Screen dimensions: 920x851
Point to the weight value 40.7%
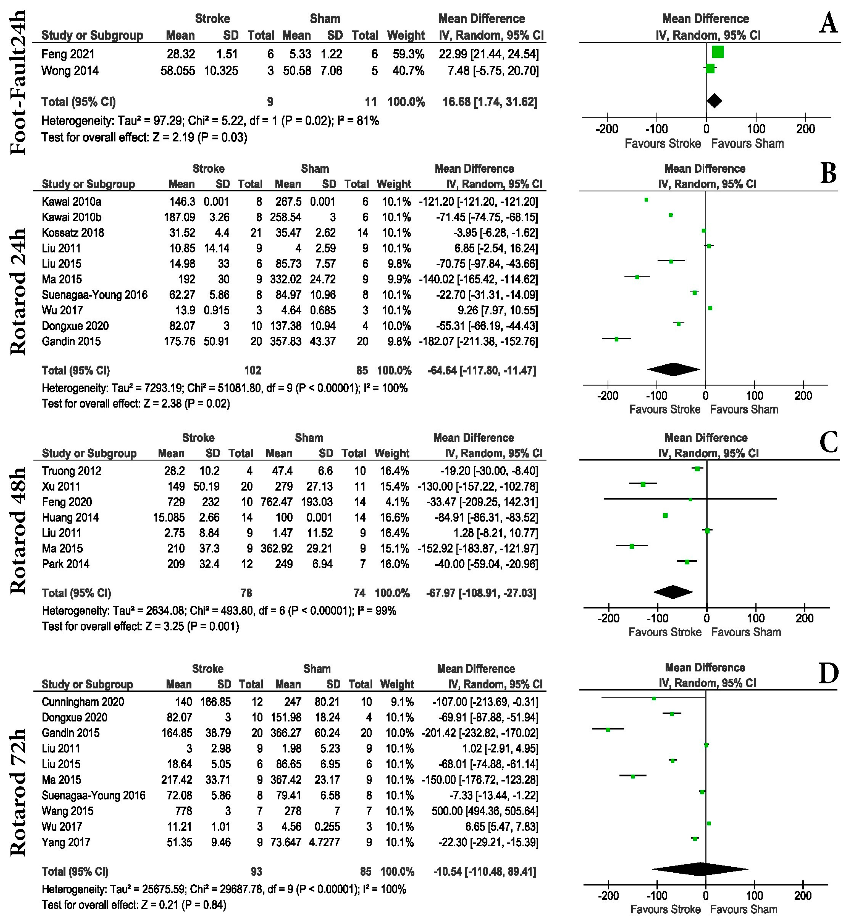click(x=408, y=71)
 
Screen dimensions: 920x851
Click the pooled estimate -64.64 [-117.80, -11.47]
click(x=482, y=370)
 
